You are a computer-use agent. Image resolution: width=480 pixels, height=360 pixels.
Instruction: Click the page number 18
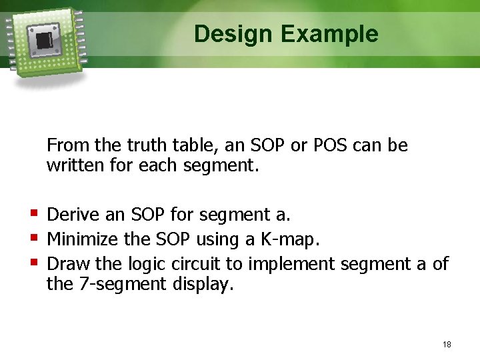click(447, 345)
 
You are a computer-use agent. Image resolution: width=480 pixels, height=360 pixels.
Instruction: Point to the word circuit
click(196, 263)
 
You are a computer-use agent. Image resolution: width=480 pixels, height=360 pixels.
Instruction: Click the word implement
click(291, 265)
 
